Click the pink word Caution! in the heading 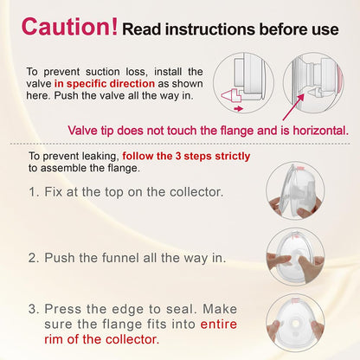coord(69,27)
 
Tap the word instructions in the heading coord(210,29)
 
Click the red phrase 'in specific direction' coord(105,84)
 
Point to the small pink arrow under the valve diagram coord(238,109)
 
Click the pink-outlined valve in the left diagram coord(231,95)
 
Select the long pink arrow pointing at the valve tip coord(293,106)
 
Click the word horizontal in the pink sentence coord(321,131)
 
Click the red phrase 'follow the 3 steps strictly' coord(186,156)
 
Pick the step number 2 coord(34,258)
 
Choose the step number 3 coord(34,309)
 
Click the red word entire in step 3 coord(218,325)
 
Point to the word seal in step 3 coord(181,309)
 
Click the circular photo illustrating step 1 coord(295,190)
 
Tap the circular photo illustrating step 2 coord(295,257)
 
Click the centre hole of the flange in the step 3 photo coord(295,324)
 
